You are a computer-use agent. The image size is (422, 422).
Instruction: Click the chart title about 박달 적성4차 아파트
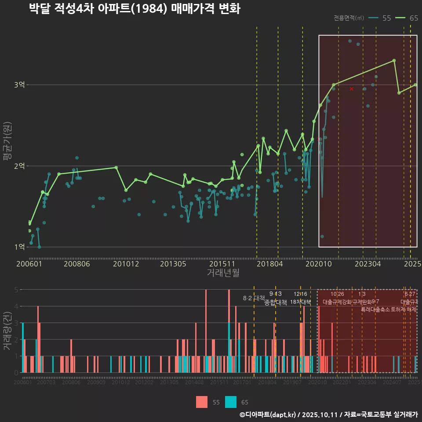pyautogui.click(x=135, y=9)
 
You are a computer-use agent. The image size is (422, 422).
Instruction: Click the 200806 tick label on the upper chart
pyautogui.click(x=76, y=264)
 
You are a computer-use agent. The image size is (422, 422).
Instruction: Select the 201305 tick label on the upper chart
pyautogui.click(x=173, y=264)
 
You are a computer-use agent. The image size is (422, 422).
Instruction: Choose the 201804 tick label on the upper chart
pyautogui.click(x=269, y=264)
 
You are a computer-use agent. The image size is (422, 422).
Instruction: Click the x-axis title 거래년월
pyautogui.click(x=223, y=273)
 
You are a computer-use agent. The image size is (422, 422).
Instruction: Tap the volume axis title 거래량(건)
pyautogui.click(x=7, y=331)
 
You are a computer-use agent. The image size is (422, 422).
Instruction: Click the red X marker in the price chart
pyautogui.click(x=351, y=89)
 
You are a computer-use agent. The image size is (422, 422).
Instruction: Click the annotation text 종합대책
pyautogui.click(x=276, y=302)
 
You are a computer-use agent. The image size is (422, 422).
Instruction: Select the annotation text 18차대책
pyautogui.click(x=301, y=302)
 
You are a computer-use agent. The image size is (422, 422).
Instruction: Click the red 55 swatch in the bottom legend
pyautogui.click(x=202, y=402)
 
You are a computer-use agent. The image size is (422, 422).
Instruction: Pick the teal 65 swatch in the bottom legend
pyautogui.click(x=231, y=402)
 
